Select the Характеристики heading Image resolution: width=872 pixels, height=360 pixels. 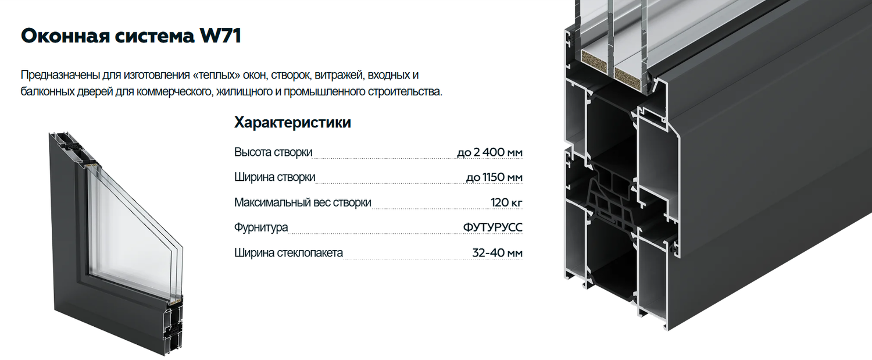click(292, 123)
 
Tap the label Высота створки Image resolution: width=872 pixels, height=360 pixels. click(273, 152)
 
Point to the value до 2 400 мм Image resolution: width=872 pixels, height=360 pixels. click(490, 152)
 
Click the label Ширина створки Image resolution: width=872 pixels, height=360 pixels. click(275, 177)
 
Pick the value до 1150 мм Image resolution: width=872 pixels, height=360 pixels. click(494, 177)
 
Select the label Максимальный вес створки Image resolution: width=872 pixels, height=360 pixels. click(302, 202)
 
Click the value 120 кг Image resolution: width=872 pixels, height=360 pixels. click(506, 202)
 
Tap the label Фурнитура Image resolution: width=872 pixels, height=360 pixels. click(261, 227)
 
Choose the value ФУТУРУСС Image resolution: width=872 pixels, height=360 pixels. click(493, 227)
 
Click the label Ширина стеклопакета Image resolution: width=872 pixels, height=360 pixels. click(288, 253)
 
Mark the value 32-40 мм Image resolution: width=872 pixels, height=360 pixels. click(498, 253)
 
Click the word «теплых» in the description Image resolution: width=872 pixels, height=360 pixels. click(215, 75)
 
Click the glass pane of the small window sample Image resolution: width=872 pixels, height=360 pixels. click(131, 233)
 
